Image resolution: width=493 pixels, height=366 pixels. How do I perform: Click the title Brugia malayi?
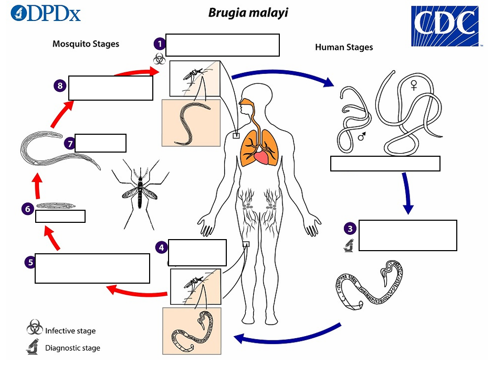tap(248, 12)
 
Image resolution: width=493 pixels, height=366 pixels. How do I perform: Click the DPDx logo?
tap(46, 13)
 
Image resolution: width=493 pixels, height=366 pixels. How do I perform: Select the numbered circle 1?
tap(159, 44)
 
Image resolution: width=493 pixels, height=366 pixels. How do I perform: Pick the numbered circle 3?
tap(350, 228)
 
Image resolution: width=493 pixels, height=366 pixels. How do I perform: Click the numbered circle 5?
tap(30, 262)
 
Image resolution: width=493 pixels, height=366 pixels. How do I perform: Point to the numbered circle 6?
tap(28, 209)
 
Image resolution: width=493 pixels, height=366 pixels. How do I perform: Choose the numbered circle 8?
tap(60, 85)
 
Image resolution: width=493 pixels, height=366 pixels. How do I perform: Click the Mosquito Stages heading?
tap(86, 44)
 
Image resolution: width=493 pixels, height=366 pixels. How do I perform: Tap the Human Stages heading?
tap(344, 47)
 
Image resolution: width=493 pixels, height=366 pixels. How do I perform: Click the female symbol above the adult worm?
tap(414, 84)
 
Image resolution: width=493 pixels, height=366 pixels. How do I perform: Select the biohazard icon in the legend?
tap(35, 329)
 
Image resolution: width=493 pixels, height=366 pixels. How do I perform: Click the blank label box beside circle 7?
tap(100, 143)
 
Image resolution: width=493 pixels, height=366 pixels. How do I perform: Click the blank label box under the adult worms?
tap(385, 164)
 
